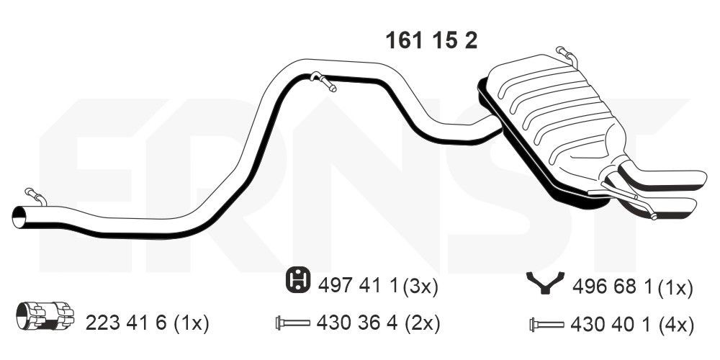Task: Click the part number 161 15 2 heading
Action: pyautogui.click(x=431, y=41)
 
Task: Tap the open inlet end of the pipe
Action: pyautogui.click(x=19, y=217)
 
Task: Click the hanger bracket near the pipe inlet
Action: pyautogui.click(x=36, y=196)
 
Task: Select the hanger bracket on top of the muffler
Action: pyautogui.click(x=566, y=55)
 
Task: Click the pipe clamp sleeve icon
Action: pyautogui.click(x=45, y=316)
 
